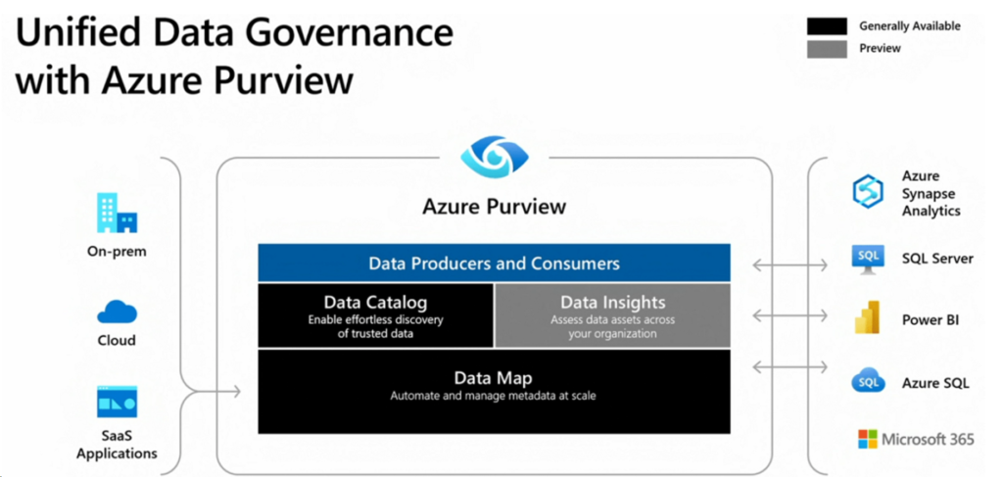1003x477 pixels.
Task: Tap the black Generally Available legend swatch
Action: pos(827,25)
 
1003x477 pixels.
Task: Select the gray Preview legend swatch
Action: pos(827,49)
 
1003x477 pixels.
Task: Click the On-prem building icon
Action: pos(118,214)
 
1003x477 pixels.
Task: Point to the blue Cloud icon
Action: pos(118,312)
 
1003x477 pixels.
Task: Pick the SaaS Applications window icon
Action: pos(118,402)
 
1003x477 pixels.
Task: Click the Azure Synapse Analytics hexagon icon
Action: pos(868,192)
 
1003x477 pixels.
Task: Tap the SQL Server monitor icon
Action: pos(868,259)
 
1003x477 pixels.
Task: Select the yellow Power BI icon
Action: pos(868,317)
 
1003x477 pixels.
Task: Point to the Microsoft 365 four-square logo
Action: pos(868,439)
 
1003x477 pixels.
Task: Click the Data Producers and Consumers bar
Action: pos(494,262)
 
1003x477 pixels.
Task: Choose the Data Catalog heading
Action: pos(375,303)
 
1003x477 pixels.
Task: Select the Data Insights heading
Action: pos(613,303)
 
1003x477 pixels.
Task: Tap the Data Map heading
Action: pos(494,378)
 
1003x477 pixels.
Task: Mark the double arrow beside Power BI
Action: pos(789,315)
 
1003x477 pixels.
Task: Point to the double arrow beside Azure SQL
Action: pos(789,367)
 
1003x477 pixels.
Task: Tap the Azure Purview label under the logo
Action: pos(495,208)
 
